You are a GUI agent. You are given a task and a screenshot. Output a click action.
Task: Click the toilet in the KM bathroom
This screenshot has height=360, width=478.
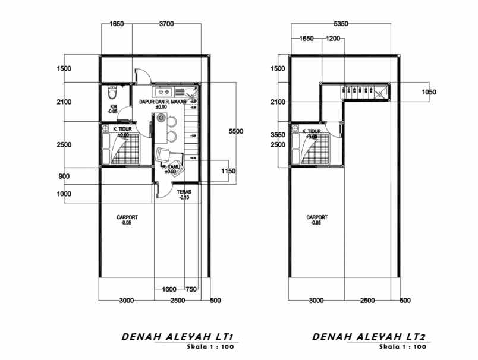coord(112,94)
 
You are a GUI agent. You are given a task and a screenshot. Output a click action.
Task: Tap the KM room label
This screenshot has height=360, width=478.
coord(112,109)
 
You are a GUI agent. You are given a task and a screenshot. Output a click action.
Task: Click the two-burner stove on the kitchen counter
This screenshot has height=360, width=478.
coord(164,93)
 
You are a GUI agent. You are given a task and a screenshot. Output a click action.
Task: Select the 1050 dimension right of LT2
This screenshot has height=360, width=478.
coord(429,92)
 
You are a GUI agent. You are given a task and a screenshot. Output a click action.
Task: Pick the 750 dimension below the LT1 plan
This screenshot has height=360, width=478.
coord(191,289)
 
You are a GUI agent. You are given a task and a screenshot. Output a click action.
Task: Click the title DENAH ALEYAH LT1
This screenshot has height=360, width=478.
coord(180,337)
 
